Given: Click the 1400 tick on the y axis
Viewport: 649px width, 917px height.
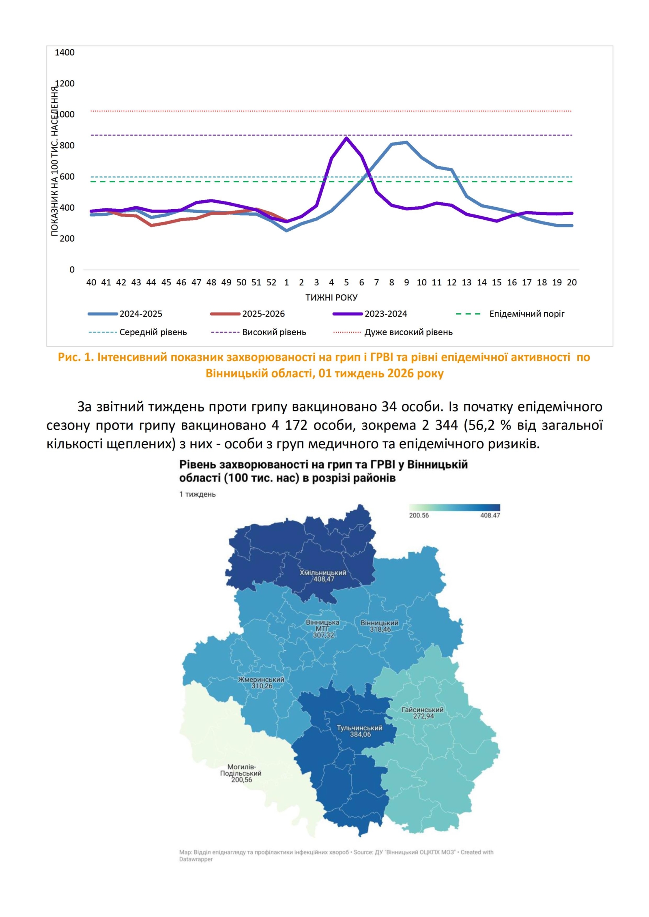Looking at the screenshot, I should click(64, 52).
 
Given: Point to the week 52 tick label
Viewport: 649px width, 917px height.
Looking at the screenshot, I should click(271, 283).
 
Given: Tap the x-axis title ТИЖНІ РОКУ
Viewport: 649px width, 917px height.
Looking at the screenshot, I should click(331, 298).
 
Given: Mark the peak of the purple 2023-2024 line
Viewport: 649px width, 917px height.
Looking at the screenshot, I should click(346, 138).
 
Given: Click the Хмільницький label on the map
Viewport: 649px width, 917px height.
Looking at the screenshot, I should click(323, 573).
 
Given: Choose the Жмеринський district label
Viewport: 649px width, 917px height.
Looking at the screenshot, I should click(261, 679).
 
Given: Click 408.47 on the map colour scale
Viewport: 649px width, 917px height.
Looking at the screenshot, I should click(490, 515).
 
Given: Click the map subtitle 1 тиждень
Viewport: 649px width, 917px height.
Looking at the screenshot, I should click(198, 494).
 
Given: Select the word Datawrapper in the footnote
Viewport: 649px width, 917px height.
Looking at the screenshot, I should click(196, 859).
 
